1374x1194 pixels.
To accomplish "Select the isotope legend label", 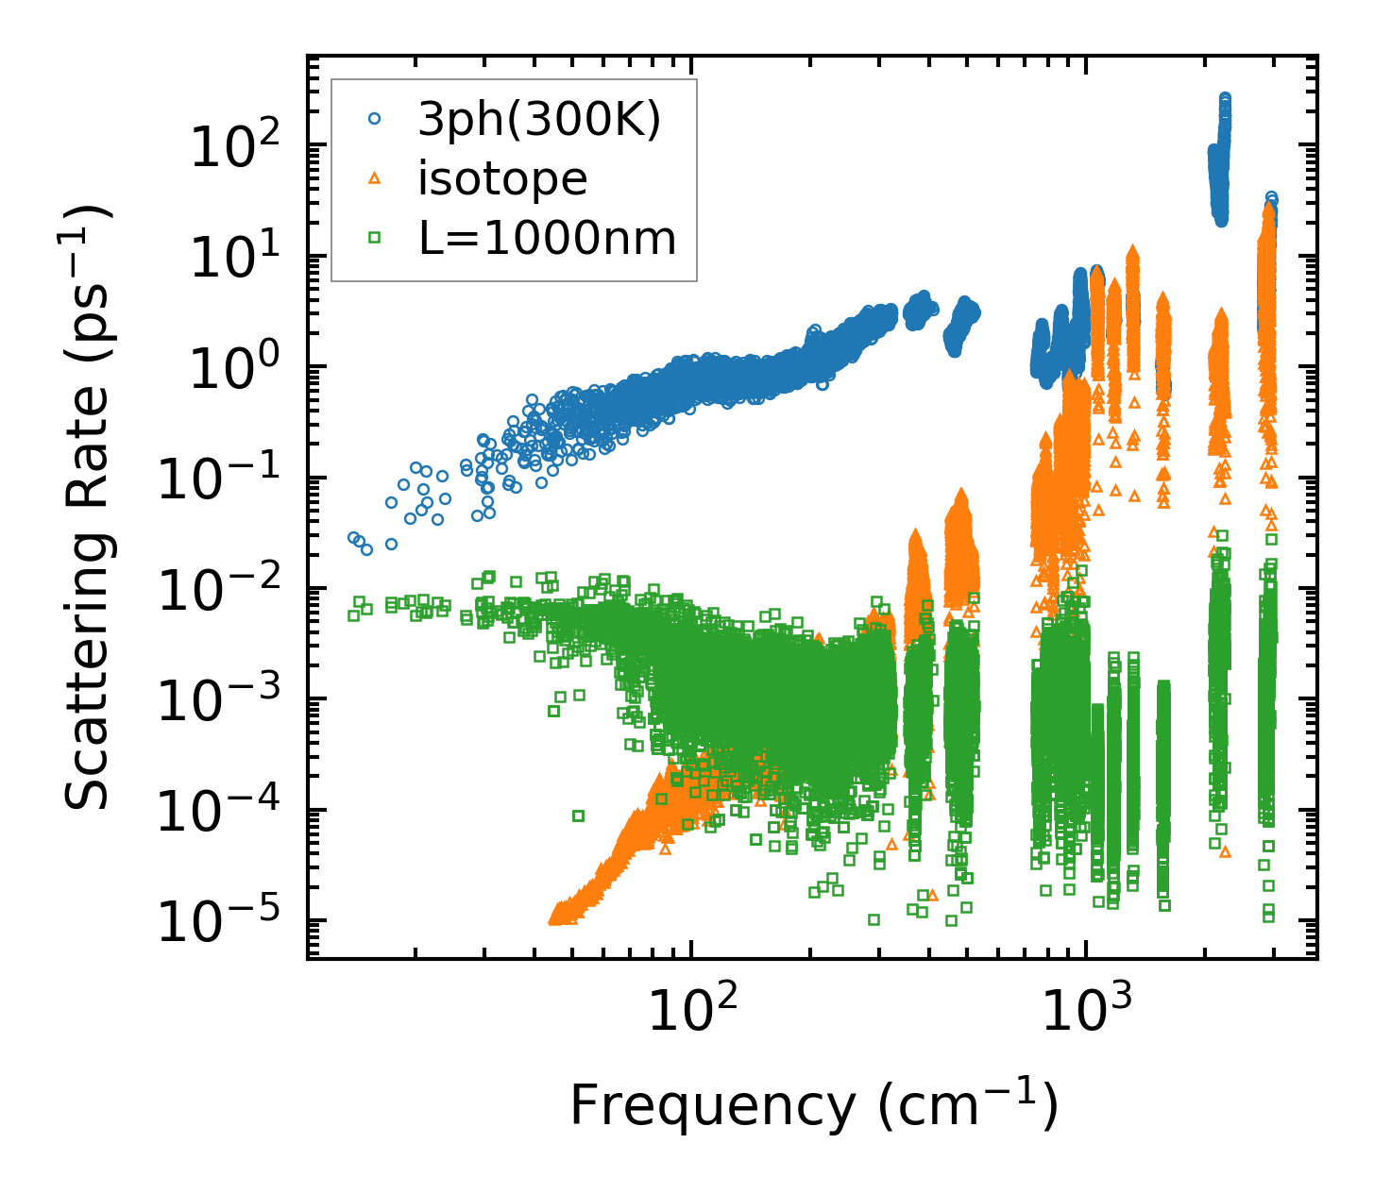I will point(502,178).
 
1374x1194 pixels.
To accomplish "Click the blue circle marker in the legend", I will point(374,120).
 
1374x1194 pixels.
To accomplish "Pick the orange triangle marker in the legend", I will point(374,178).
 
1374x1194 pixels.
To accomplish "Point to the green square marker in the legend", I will point(374,238).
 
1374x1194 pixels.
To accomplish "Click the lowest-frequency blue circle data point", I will point(353,537).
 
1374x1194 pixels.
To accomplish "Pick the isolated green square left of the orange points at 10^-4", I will point(578,815).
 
